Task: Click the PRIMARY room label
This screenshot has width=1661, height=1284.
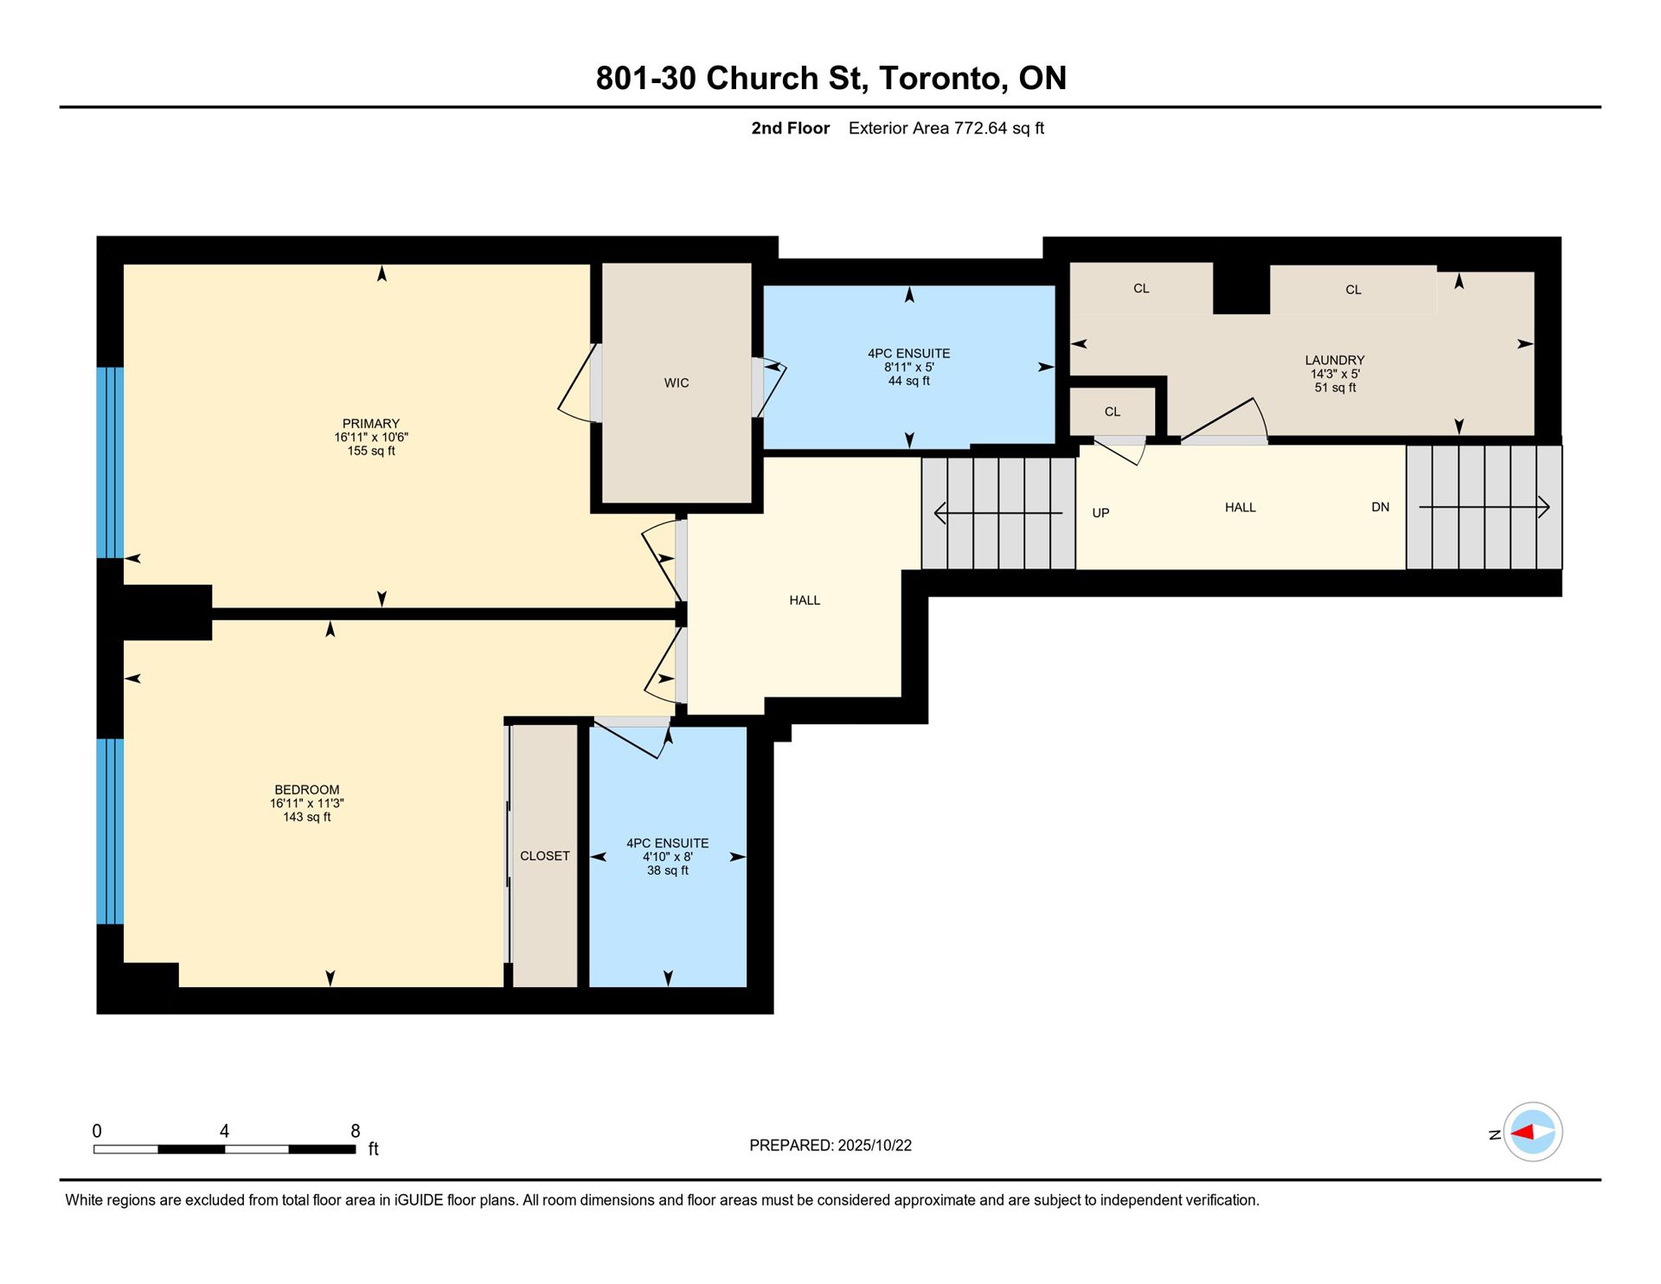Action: pyautogui.click(x=370, y=424)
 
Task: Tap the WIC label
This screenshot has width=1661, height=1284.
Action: pyautogui.click(x=677, y=383)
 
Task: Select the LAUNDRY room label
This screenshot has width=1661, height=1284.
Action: pyautogui.click(x=1335, y=360)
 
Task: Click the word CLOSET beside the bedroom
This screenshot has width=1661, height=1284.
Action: pyautogui.click(x=545, y=856)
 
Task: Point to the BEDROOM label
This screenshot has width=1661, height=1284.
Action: pyautogui.click(x=307, y=790)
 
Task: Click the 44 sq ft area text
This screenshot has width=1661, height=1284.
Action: pyautogui.click(x=909, y=381)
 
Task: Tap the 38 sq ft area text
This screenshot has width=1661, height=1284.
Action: pyautogui.click(x=668, y=870)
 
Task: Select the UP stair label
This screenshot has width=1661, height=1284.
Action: pyautogui.click(x=1100, y=513)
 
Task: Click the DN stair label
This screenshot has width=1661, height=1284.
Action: pyautogui.click(x=1381, y=507)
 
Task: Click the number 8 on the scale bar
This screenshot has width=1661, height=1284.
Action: pyautogui.click(x=356, y=1131)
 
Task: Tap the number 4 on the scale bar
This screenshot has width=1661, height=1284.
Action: pyautogui.click(x=224, y=1131)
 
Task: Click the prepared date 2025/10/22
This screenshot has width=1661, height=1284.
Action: pyautogui.click(x=874, y=1146)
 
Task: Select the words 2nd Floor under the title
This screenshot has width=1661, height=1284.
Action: pyautogui.click(x=790, y=128)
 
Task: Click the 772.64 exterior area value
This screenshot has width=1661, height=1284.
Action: pyautogui.click(x=980, y=128)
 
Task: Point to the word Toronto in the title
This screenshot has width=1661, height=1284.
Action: pyautogui.click(x=942, y=79)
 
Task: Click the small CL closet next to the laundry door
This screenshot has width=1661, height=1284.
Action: pyautogui.click(x=1113, y=412)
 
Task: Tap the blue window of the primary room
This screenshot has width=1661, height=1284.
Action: pyautogui.click(x=110, y=463)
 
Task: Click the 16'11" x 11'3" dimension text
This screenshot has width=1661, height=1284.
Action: pyautogui.click(x=307, y=804)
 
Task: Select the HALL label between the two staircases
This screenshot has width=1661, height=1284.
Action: pyautogui.click(x=1240, y=507)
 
